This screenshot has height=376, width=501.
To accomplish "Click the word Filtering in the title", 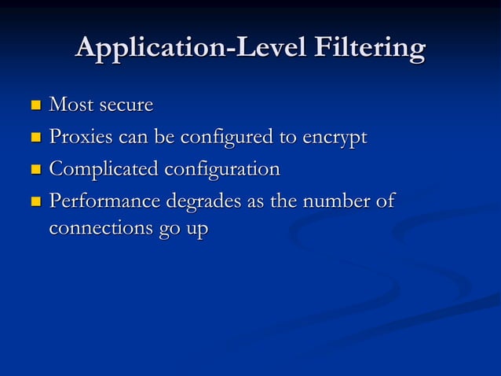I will coord(369,49).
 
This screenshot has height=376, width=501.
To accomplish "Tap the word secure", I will coord(123,105).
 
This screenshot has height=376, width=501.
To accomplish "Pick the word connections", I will coord(97,230).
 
